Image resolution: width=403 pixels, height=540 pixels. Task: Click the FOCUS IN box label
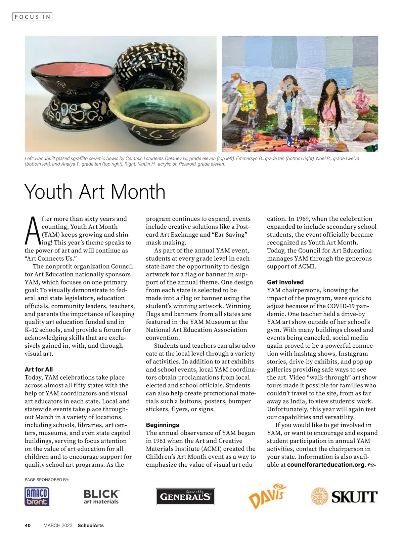[x=32, y=16]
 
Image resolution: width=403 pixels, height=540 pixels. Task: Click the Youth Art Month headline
[x=95, y=192]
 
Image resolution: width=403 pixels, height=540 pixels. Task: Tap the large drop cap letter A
[x=32, y=231]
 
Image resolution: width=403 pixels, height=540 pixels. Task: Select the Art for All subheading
[x=39, y=369]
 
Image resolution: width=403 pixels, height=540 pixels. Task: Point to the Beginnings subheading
[x=162, y=425]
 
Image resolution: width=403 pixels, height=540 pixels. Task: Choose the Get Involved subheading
[x=285, y=282]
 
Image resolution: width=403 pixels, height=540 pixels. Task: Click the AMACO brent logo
[x=37, y=497]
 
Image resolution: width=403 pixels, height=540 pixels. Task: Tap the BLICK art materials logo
[x=101, y=497]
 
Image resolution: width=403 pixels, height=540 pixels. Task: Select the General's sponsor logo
[x=185, y=496]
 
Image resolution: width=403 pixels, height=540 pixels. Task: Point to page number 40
[x=28, y=525]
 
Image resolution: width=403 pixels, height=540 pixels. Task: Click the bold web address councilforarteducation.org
[x=325, y=465]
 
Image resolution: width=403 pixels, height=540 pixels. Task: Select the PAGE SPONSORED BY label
[x=47, y=479]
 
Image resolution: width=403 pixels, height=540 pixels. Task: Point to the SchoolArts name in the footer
[x=91, y=525]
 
